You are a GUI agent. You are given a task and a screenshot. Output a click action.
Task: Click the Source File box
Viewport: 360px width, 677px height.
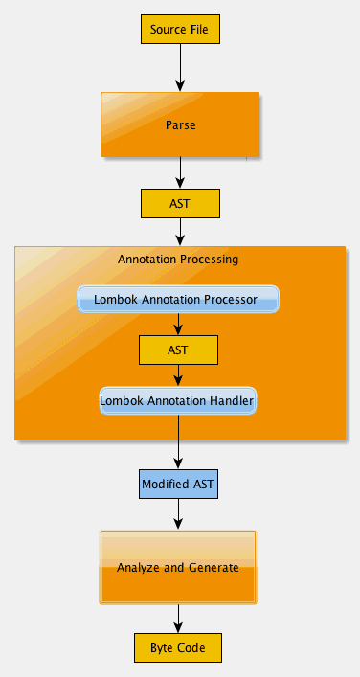coord(180,30)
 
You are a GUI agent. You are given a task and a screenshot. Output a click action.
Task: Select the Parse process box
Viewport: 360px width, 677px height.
coord(180,124)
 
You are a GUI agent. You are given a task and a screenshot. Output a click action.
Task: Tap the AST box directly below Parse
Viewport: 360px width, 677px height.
coord(180,203)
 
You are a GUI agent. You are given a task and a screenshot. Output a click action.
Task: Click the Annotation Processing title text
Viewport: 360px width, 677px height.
coord(178,260)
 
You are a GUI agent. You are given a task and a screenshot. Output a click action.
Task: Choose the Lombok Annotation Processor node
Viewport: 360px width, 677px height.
coord(178,299)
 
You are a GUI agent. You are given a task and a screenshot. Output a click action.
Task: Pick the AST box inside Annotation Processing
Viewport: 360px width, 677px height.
coord(178,350)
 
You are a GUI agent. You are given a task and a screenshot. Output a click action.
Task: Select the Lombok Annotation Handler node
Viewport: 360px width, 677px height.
coord(178,400)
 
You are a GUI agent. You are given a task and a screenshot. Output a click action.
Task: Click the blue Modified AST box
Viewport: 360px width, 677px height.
coord(178,484)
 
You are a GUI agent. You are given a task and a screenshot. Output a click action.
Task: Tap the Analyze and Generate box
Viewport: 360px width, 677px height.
coord(178,567)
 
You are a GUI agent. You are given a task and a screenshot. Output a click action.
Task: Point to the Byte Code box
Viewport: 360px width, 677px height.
coord(178,647)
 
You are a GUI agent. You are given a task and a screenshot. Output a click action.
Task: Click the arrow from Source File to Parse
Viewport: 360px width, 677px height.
coord(180,68)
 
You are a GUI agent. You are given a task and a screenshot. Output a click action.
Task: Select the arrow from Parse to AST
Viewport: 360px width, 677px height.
coord(180,172)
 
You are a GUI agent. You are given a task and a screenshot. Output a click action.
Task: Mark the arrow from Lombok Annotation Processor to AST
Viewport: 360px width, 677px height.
coord(178,325)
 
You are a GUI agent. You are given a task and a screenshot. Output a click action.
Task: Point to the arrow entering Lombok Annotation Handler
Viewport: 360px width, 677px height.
coord(178,375)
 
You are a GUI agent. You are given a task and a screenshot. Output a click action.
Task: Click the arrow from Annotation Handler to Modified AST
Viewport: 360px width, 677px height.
coord(178,442)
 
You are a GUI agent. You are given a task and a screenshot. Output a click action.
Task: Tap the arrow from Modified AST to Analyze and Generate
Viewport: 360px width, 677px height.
coord(178,514)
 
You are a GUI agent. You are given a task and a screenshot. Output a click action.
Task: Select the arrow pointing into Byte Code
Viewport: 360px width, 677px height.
coord(178,619)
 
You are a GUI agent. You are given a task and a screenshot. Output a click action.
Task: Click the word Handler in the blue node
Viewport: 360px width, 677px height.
coord(232,401)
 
